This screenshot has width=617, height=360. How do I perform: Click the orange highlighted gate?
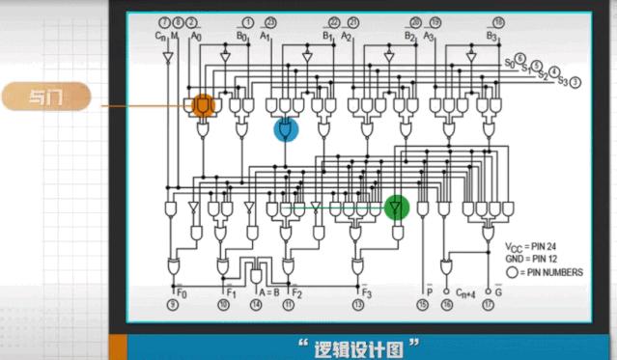[202, 104]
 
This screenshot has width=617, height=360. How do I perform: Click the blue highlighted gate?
[285, 128]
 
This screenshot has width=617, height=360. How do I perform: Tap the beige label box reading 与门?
[46, 97]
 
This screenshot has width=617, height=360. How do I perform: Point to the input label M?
[177, 36]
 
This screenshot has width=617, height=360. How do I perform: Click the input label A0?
[196, 36]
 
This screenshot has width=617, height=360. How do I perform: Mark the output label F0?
[180, 291]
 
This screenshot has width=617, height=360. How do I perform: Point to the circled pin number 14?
[256, 305]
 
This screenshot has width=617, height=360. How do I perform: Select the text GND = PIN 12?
[544, 261]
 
